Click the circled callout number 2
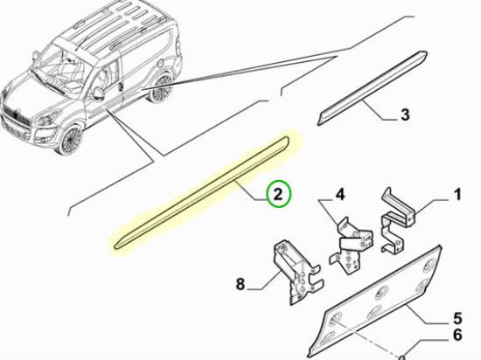(277, 194)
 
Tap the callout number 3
(405, 114)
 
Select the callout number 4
(340, 195)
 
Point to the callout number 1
(457, 195)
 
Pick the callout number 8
(240, 284)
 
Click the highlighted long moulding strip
(201, 192)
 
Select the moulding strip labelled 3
(372, 88)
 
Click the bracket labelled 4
(352, 246)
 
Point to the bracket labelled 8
(297, 272)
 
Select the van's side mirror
(99, 93)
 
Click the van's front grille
(16, 116)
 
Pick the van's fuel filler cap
(161, 64)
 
